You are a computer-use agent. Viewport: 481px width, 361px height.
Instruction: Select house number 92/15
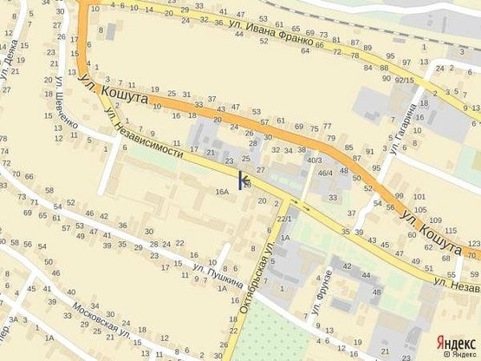(404, 80)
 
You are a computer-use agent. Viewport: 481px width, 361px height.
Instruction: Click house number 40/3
(315, 160)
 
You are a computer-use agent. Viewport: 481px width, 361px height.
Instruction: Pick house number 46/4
(325, 174)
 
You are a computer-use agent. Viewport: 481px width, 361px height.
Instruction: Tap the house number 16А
(223, 191)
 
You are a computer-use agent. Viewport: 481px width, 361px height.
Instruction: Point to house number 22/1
(283, 219)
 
